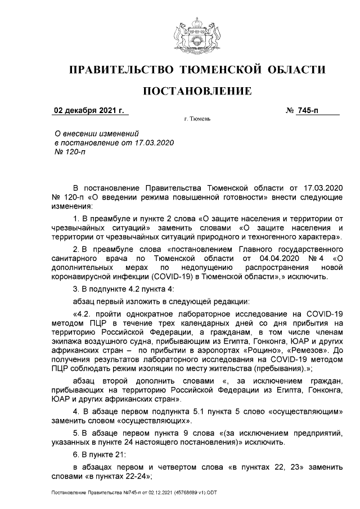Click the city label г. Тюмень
197,120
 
